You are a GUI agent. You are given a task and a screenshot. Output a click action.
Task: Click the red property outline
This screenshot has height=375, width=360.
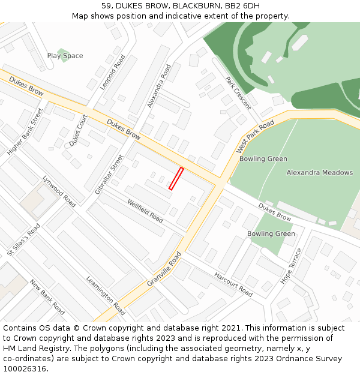[x=176, y=179]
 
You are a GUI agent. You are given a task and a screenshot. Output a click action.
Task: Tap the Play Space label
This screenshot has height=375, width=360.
[x=65, y=56]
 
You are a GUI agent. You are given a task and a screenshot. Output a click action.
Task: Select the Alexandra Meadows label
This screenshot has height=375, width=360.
[x=319, y=173]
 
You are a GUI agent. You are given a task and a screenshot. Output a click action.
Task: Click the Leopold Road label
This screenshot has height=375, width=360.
[x=112, y=73]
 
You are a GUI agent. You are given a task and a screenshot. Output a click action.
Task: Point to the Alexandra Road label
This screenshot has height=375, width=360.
[x=159, y=86]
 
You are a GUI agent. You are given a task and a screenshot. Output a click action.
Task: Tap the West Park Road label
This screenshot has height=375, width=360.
[x=255, y=136]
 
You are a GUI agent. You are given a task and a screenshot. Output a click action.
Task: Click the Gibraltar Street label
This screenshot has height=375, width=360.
[x=109, y=174]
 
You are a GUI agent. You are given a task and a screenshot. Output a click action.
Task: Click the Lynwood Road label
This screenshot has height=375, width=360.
[x=59, y=191]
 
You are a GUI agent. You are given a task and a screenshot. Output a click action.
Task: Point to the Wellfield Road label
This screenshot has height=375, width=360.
[x=145, y=211]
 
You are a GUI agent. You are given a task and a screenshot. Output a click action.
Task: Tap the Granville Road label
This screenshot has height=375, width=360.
[x=164, y=269]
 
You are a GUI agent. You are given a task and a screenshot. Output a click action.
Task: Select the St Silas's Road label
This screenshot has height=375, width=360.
[x=23, y=241]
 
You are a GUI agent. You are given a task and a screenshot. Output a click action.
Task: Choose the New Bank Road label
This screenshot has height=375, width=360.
[x=47, y=297]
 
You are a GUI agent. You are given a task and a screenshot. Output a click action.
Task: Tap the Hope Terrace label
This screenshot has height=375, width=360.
[x=292, y=266]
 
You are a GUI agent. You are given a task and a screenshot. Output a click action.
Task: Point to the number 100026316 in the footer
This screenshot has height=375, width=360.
[x=25, y=369]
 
